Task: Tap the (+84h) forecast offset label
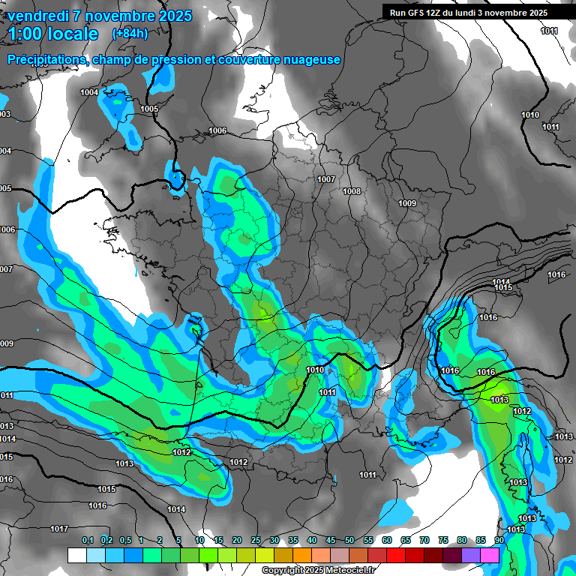(x=130, y=33)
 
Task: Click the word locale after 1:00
(x=70, y=34)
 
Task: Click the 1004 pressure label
(x=89, y=92)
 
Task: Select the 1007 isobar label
(x=325, y=179)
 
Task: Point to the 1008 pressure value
(x=352, y=191)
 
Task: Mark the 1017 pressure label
(x=60, y=529)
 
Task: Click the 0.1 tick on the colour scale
(x=88, y=540)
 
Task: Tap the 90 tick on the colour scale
(x=499, y=540)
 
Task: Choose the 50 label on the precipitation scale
(x=349, y=540)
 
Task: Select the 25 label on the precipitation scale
(x=256, y=540)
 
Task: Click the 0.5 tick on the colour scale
(x=125, y=540)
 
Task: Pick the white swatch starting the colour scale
(x=76, y=555)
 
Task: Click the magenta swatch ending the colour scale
(x=490, y=555)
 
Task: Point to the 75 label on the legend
(x=443, y=540)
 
